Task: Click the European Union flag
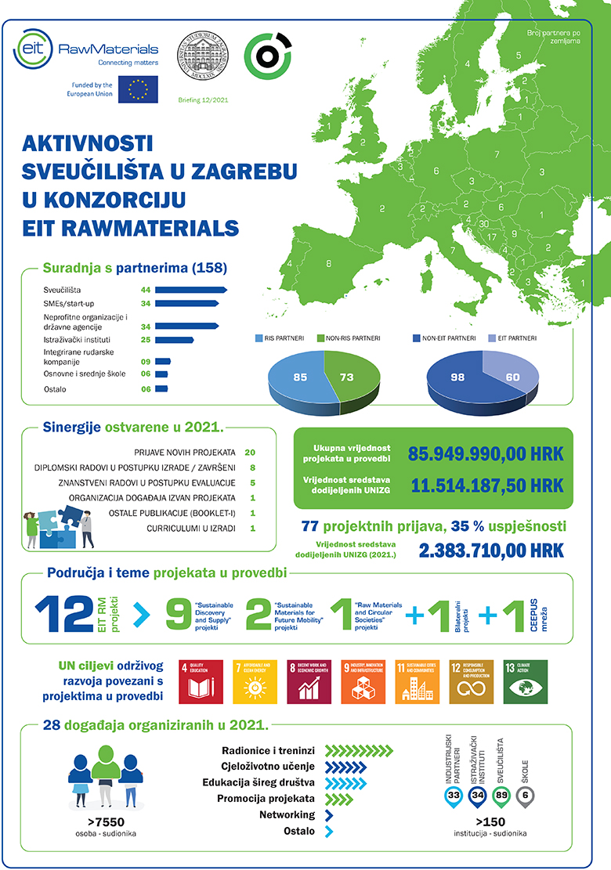click(x=139, y=89)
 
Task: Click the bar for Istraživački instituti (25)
click(x=175, y=340)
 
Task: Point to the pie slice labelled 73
click(x=349, y=378)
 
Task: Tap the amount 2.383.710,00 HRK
click(x=491, y=551)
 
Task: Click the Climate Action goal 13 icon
click(x=525, y=681)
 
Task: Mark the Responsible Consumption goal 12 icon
click(x=471, y=681)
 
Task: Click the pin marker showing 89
click(x=502, y=796)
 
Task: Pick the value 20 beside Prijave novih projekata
click(x=251, y=453)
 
